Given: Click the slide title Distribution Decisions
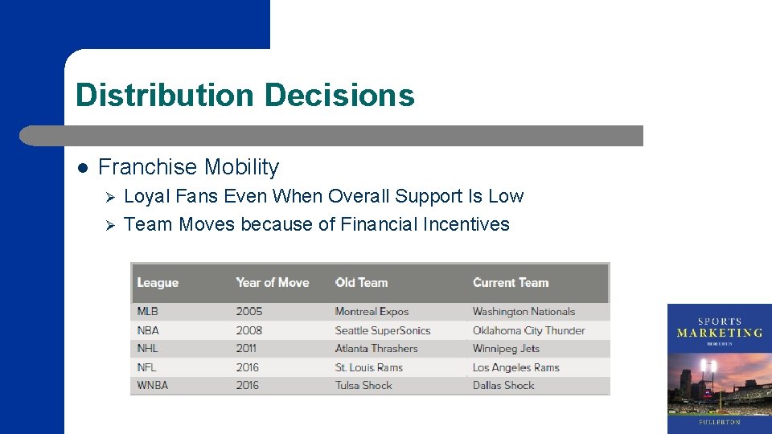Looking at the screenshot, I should [x=244, y=95].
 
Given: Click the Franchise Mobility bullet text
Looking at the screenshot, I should [x=188, y=167].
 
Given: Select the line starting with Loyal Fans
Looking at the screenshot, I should [x=323, y=196].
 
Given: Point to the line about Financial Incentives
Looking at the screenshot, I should [x=317, y=224].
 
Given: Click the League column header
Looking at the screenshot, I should [x=158, y=283].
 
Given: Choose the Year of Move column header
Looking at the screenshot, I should [x=272, y=283].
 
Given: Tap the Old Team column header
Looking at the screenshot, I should [x=361, y=283].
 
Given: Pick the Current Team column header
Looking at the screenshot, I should [x=511, y=283].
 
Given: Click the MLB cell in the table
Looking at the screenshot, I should [x=148, y=312].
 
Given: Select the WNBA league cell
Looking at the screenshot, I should [x=153, y=386].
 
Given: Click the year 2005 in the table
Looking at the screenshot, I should [x=249, y=312].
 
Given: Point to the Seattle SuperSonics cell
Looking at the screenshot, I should [x=383, y=330].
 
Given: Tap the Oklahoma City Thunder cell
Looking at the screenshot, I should [x=528, y=330].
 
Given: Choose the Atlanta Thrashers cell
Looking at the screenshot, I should [x=376, y=349].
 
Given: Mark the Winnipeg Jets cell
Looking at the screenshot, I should [x=506, y=349].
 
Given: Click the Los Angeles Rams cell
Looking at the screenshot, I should [x=515, y=367].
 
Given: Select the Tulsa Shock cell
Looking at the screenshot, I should [x=363, y=386].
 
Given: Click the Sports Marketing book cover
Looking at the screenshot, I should [x=719, y=368].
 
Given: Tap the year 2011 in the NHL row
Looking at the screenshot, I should [x=246, y=349].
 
